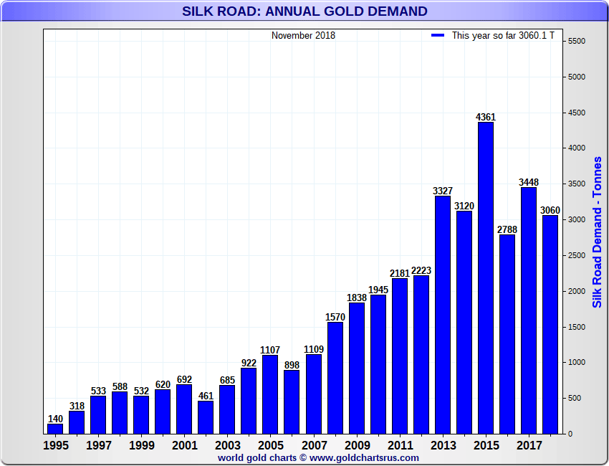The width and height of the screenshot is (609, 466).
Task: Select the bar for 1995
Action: click(55, 429)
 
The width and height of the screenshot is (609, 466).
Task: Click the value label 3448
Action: click(529, 182)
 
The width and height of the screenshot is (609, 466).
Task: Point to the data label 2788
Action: click(507, 229)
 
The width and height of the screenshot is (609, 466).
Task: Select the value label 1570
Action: click(335, 317)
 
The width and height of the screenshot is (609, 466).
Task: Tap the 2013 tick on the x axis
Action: click(443, 445)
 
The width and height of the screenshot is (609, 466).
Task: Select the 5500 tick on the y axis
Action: click(576, 42)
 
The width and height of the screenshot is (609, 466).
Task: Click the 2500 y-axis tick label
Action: click(576, 256)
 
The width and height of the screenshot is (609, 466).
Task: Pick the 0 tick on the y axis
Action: click(570, 434)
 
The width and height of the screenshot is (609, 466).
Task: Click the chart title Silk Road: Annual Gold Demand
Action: click(304, 11)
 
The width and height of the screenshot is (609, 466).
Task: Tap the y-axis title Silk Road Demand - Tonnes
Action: click(597, 232)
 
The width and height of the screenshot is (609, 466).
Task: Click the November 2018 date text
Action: click(303, 35)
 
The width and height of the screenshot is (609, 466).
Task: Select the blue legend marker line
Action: click(438, 35)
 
